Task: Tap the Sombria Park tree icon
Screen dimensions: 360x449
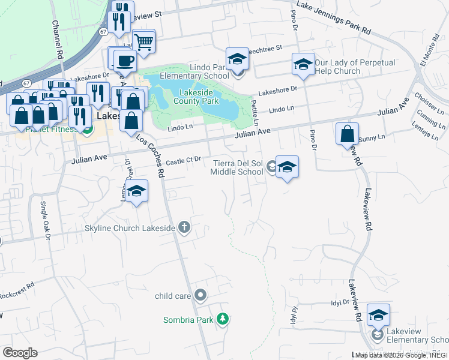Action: pyautogui.click(x=223, y=319)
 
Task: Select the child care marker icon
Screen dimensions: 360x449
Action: pyautogui.click(x=200, y=295)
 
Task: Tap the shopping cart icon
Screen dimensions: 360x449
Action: pyautogui.click(x=144, y=42)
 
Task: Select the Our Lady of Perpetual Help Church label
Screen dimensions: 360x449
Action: pyautogui.click(x=337, y=67)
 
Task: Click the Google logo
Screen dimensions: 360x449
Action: pyautogui.click(x=20, y=352)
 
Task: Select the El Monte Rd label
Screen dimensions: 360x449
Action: pyautogui.click(x=430, y=55)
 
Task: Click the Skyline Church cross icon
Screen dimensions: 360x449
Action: pyautogui.click(x=184, y=227)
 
